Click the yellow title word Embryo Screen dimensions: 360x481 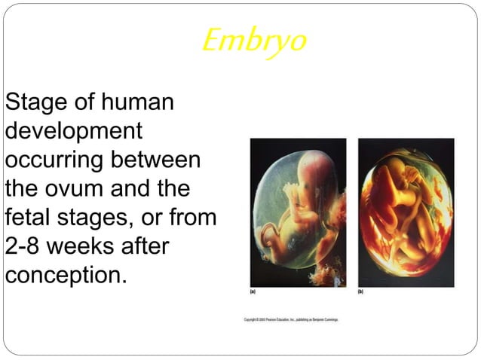point(254,41)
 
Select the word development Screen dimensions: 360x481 point(73,130)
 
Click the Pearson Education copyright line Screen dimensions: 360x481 point(291,319)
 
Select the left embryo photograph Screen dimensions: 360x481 point(298,212)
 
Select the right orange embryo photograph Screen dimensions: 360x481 point(406,212)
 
